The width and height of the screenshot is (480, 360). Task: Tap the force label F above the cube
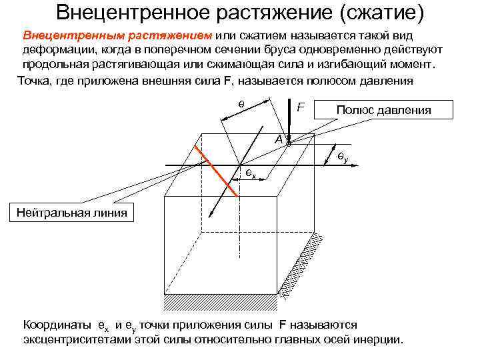coord(301,107)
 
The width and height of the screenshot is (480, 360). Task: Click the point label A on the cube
coord(278,139)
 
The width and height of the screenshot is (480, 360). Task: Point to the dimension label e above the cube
coord(241,105)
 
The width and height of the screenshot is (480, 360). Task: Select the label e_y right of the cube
coord(343,157)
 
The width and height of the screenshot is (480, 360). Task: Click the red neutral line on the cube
coord(217,169)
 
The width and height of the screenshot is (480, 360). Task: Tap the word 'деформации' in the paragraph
coord(55,51)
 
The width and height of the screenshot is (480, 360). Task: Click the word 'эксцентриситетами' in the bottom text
coord(82,339)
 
